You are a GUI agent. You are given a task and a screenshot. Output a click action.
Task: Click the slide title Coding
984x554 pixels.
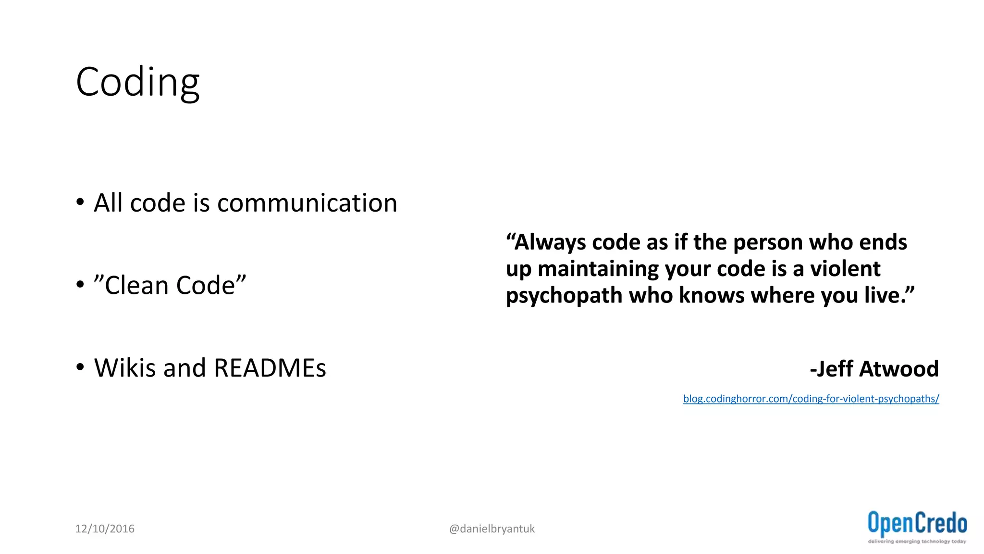[137, 83]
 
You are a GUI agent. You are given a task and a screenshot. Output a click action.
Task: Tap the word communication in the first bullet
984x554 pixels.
[307, 203]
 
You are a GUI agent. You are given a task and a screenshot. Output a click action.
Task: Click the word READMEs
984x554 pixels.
[270, 368]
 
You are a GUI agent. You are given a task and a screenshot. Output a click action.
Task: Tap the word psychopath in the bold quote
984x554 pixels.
[564, 295]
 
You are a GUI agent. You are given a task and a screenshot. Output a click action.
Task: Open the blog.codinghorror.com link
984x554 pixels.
[811, 399]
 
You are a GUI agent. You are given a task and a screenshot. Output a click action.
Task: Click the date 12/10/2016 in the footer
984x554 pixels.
[105, 529]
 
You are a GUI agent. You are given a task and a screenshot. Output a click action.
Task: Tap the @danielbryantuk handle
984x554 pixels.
[492, 529]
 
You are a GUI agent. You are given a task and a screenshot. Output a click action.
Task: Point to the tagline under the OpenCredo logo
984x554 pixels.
[917, 541]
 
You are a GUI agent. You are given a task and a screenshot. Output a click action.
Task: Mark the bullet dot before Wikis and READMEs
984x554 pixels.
[80, 367]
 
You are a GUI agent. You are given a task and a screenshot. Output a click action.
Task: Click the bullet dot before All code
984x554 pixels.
[80, 202]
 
